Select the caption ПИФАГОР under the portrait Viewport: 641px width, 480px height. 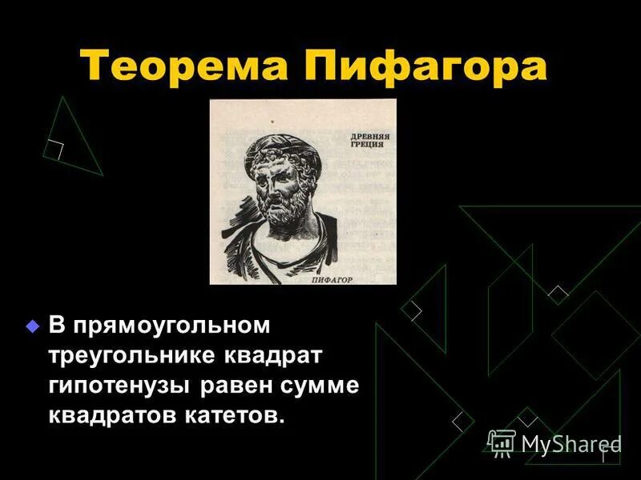click(x=331, y=280)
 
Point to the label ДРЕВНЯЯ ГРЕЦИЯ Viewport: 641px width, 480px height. click(x=369, y=142)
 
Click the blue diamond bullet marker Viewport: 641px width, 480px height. click(x=33, y=326)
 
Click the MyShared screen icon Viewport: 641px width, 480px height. click(x=502, y=442)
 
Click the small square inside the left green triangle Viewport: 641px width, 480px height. click(x=55, y=149)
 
